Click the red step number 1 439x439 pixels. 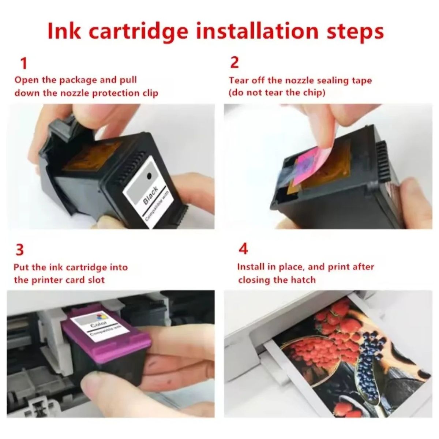24,63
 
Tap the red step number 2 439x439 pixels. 234,62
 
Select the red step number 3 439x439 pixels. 20,250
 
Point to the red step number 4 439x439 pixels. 243,249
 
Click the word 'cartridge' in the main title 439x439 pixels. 138,32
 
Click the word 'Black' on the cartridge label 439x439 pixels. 150,195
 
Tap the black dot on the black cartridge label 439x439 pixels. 149,176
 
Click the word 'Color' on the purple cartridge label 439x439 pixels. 98,323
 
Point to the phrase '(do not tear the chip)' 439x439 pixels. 277,93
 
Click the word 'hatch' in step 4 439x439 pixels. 303,280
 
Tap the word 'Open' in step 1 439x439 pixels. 25,80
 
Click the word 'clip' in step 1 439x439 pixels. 150,93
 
